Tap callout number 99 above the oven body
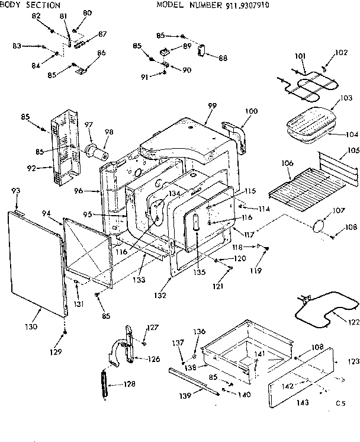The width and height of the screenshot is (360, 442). pyautogui.click(x=212, y=105)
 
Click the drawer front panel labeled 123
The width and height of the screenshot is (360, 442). pyautogui.click(x=301, y=371)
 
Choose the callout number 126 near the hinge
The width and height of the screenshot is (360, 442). pyautogui.click(x=154, y=358)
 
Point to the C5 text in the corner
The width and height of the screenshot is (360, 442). pyautogui.click(x=339, y=403)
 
